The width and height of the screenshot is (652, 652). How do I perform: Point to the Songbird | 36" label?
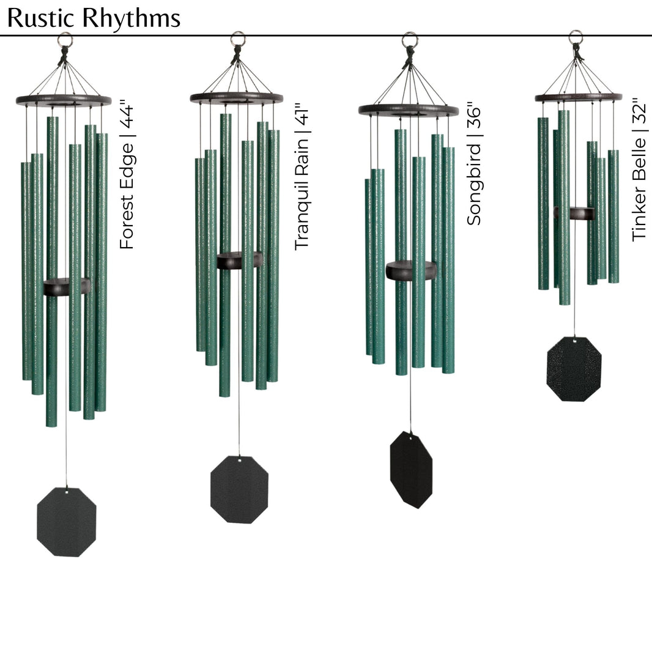pyautogui.click(x=474, y=165)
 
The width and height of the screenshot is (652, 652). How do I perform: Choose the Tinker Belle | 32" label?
pyautogui.click(x=640, y=168)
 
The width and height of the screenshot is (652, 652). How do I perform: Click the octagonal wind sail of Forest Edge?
pyautogui.click(x=66, y=522)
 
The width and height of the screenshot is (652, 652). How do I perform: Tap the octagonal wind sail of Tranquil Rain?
pyautogui.click(x=239, y=489)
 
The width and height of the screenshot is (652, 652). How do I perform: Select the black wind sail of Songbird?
pyautogui.click(x=411, y=470)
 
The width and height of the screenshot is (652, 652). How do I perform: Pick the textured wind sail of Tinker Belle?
pyautogui.click(x=574, y=369)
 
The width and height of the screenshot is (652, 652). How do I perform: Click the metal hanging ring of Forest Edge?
pyautogui.click(x=65, y=40)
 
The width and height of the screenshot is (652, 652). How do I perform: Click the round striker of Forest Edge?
pyautogui.click(x=66, y=287)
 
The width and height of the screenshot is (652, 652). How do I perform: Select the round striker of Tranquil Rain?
pyautogui.click(x=239, y=260)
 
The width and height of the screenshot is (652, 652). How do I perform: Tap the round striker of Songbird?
pyautogui.click(x=410, y=270)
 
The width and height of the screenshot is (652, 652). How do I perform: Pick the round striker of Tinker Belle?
pyautogui.click(x=574, y=213)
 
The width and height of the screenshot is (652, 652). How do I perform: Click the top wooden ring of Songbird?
pyautogui.click(x=408, y=111)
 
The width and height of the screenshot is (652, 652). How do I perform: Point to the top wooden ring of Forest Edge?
pyautogui.click(x=64, y=100)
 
